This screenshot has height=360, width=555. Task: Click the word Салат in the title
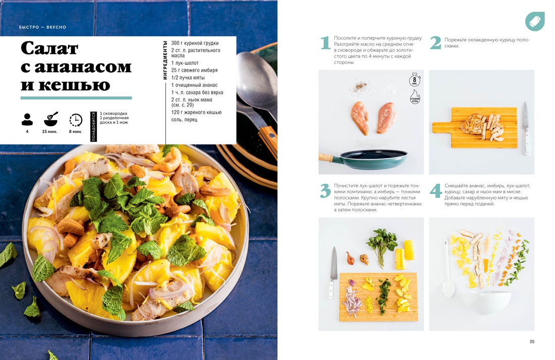point(49,48)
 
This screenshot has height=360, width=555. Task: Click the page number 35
point(532,342)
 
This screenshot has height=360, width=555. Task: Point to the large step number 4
point(435,191)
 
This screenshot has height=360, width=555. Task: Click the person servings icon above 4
point(27,120)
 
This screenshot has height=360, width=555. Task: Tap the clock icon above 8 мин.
point(76,120)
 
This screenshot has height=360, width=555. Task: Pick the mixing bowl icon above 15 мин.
point(51,120)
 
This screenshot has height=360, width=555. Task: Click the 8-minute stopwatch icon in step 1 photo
point(414,80)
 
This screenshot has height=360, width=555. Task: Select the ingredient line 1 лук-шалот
point(185,63)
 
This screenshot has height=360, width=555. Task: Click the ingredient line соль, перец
point(184,120)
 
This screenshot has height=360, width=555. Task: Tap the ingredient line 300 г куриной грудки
point(195,43)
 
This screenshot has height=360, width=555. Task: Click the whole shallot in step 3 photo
point(349,257)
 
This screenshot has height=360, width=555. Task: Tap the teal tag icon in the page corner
point(535,21)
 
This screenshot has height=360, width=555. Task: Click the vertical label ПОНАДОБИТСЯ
point(94,127)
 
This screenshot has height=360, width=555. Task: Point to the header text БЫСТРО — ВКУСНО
point(42,27)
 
